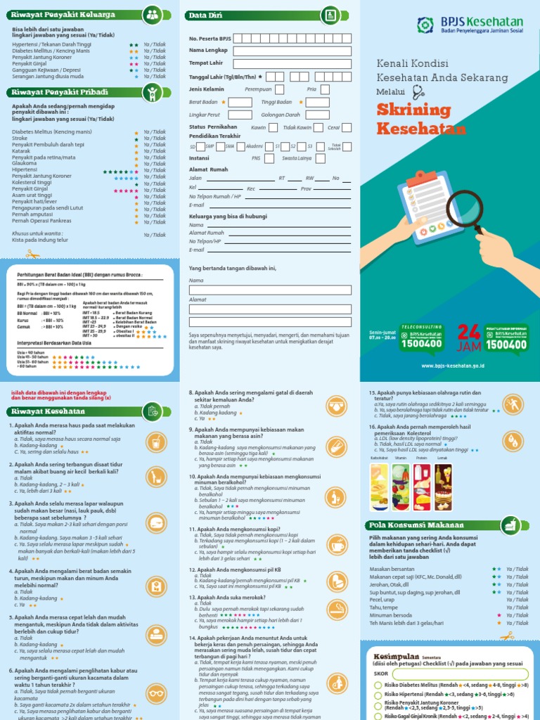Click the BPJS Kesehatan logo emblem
426,27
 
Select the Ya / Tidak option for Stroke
155,139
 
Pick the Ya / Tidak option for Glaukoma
155,164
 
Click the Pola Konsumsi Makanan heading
415,525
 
